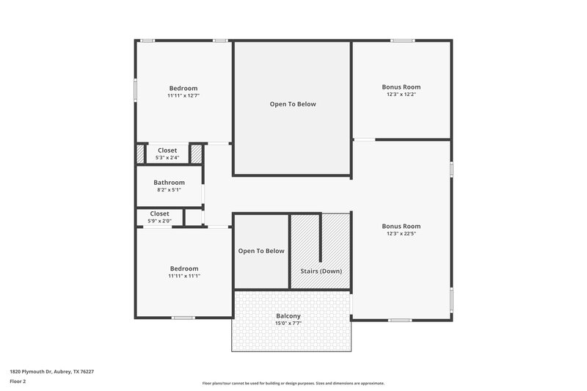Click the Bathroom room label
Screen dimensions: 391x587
click(169, 182)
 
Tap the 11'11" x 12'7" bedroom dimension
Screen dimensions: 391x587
click(183, 95)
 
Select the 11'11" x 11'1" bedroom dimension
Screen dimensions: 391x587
click(183, 276)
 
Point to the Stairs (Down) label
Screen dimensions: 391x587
click(321, 271)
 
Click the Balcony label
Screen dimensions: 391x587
click(288, 315)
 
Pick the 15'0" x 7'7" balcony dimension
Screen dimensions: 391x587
click(288, 324)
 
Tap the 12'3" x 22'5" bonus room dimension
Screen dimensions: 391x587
click(401, 234)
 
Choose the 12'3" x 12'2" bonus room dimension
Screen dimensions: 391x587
click(401, 95)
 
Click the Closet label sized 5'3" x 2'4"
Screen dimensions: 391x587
click(167, 150)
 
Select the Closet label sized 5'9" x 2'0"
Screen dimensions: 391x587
click(160, 213)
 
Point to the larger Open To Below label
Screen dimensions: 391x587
click(293, 104)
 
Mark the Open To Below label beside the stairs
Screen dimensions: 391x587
click(261, 251)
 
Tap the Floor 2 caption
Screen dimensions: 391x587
click(18, 381)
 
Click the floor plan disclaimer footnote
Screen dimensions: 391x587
click(293, 383)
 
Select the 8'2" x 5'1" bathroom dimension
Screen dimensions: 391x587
click(169, 190)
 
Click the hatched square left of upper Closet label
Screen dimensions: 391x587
click(140, 154)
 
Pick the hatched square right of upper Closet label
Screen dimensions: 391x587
click(196, 154)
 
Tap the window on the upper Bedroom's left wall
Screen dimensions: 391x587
click(135, 88)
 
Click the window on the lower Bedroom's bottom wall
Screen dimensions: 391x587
click(183, 318)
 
